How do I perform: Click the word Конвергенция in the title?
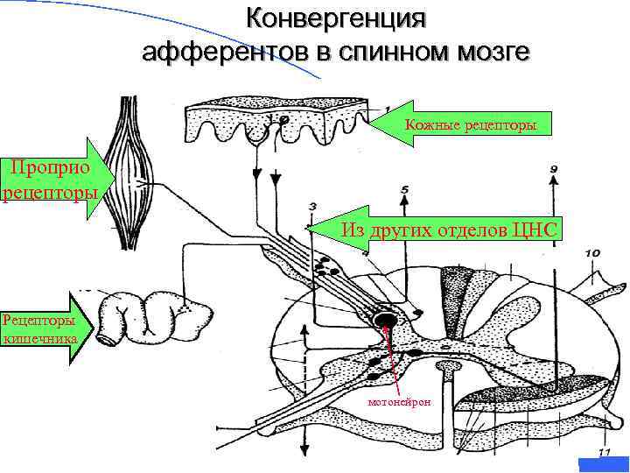click(x=336, y=18)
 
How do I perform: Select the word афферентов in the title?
click(x=224, y=52)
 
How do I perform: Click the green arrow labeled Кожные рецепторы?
click(x=464, y=126)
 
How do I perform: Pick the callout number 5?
click(x=403, y=189)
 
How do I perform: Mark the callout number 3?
click(x=312, y=206)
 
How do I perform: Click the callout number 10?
click(x=591, y=253)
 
